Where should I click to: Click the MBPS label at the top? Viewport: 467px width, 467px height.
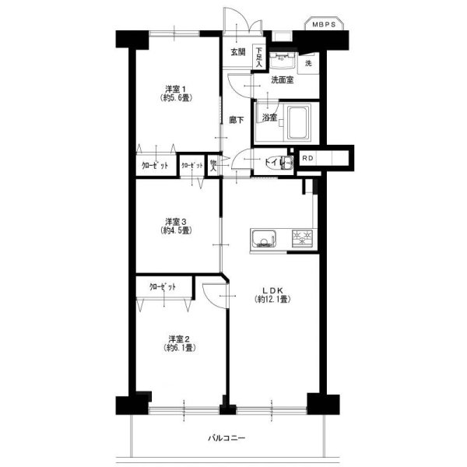pos(324,25)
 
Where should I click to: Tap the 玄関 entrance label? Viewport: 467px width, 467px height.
pos(238,52)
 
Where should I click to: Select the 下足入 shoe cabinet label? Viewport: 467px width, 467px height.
pos(259,57)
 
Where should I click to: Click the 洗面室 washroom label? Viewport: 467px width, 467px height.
pos(282,80)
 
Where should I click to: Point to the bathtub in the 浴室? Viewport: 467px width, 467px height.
pos(298,121)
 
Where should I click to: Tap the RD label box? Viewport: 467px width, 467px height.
pos(307,158)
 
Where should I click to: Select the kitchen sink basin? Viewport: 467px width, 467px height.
pos(264,239)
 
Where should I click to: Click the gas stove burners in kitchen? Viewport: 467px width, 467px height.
pos(302,239)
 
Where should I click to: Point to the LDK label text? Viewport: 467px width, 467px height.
pos(272,290)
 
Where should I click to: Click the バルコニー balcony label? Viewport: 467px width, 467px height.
pos(226,438)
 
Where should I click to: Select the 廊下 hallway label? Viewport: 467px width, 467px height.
pos(236,120)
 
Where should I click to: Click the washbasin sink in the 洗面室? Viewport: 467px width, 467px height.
pos(282,61)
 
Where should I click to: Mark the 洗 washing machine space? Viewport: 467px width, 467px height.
pos(308,63)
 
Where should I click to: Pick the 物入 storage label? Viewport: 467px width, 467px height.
pos(213,166)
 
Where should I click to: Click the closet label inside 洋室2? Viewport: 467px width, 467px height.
pos(163,287)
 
